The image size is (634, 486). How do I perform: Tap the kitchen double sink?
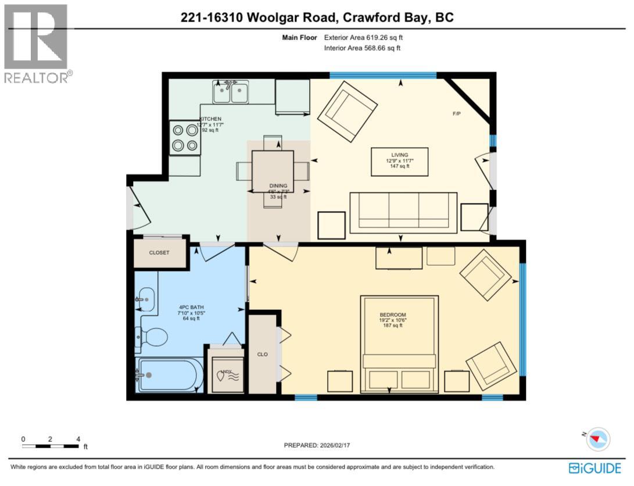(x=230, y=92)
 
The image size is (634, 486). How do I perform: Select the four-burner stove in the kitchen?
(x=185, y=138)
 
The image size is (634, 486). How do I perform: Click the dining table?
(x=273, y=171)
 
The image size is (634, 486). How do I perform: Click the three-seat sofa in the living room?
(x=403, y=212)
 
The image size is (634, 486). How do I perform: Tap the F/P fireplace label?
(x=457, y=113)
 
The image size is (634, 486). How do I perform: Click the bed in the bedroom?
(x=399, y=343)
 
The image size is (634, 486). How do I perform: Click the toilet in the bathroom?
(x=152, y=336)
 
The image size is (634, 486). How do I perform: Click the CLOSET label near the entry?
(x=159, y=253)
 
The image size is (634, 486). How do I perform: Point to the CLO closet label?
(x=262, y=353)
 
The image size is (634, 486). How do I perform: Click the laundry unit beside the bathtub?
(x=227, y=372)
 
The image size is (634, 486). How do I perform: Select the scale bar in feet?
(x=51, y=446)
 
